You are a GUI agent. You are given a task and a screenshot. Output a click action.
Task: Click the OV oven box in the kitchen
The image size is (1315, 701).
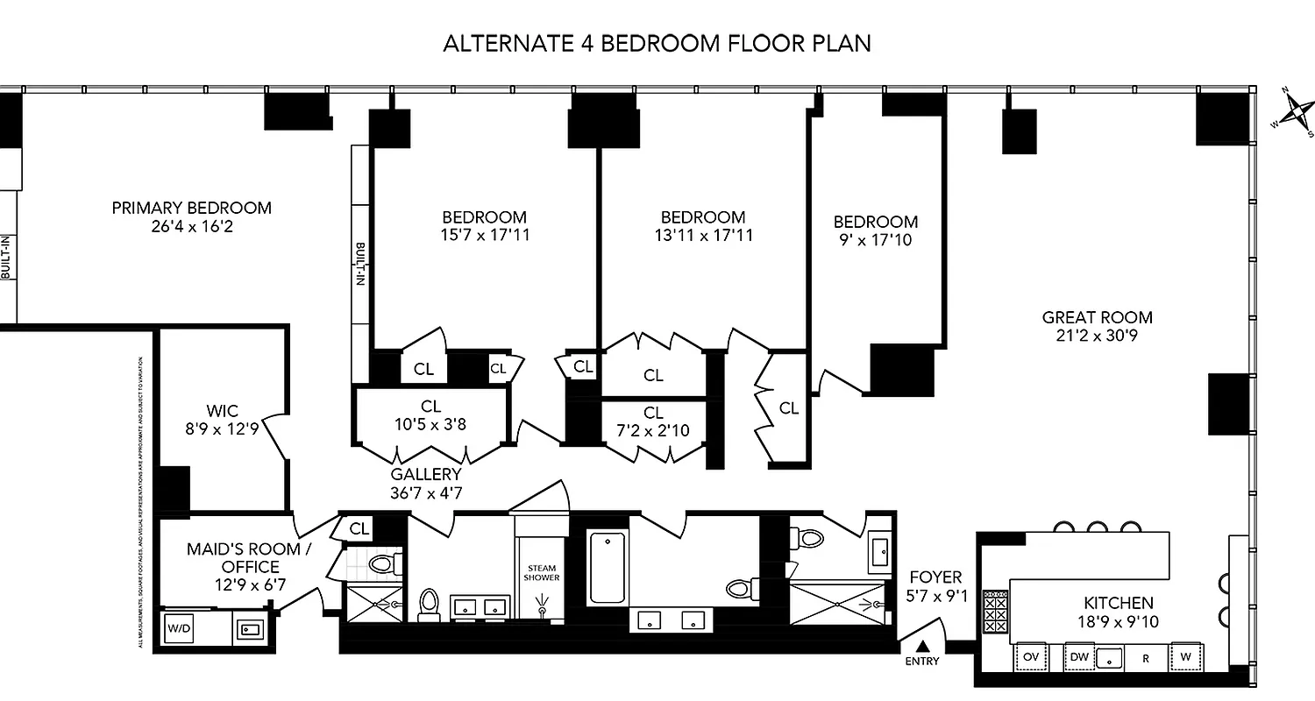[1031, 655]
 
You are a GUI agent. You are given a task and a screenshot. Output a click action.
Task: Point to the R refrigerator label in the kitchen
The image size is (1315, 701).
[1144, 656]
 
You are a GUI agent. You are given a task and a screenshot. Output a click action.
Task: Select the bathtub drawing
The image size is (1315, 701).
[607, 567]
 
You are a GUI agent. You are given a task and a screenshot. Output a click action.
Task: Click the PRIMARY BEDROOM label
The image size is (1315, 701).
[191, 209]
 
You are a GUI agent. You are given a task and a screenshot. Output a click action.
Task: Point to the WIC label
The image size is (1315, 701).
[222, 411]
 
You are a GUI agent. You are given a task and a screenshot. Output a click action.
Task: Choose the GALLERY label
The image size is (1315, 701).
[425, 474]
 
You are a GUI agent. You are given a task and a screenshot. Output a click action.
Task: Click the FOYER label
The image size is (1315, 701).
[935, 577]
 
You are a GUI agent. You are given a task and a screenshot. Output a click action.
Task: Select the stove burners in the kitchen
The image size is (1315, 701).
[995, 610]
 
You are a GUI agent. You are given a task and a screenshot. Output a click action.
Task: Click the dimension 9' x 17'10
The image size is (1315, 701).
[875, 239]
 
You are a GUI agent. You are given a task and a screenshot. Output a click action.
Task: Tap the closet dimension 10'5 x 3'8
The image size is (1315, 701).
[430, 424]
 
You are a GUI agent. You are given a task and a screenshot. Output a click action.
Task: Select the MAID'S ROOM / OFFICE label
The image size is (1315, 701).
[235, 558]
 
